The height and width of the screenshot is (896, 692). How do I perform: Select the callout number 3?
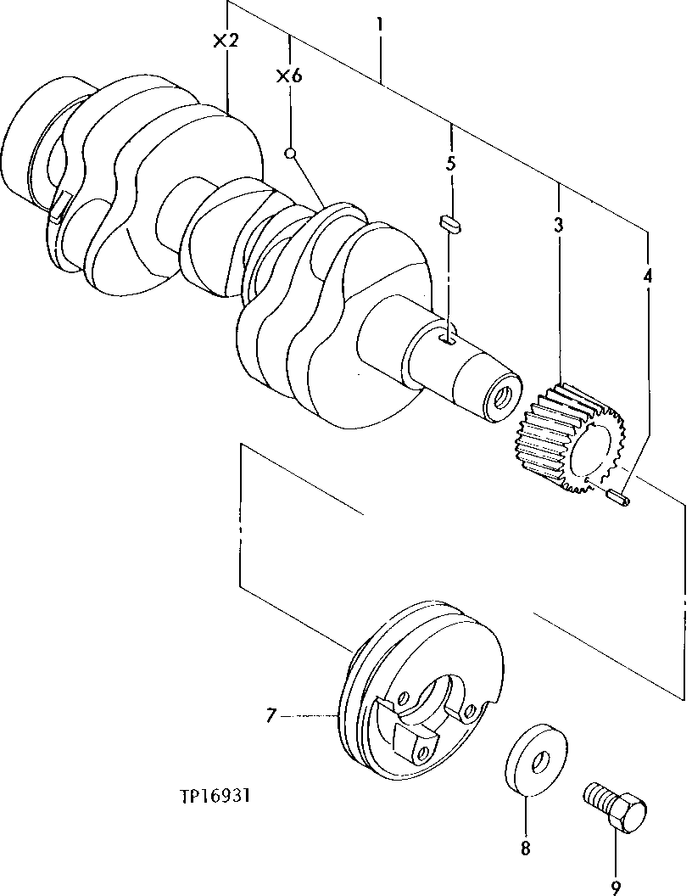point(559,225)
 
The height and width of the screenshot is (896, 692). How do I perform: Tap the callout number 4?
point(648,276)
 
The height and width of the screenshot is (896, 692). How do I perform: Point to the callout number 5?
point(451,164)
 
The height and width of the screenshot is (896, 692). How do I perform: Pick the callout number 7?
point(271,716)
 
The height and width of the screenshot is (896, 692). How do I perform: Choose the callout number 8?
point(525,847)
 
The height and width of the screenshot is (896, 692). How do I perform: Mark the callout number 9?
point(615,886)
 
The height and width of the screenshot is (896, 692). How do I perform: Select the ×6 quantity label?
point(289,76)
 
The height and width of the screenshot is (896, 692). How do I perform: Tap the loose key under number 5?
point(449,224)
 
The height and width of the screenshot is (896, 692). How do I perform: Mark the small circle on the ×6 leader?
point(290,154)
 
